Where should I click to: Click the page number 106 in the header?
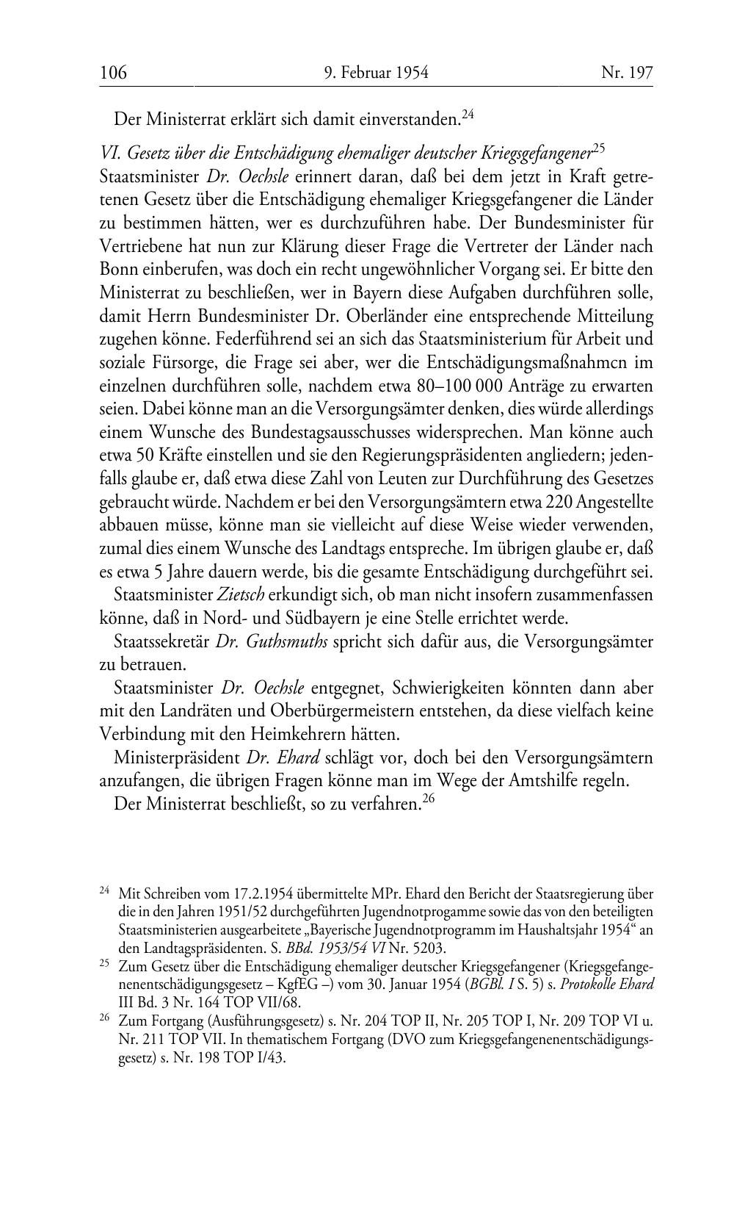point(114,73)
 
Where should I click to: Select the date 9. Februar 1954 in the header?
point(375,73)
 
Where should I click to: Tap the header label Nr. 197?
point(627,73)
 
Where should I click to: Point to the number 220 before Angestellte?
point(560,502)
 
